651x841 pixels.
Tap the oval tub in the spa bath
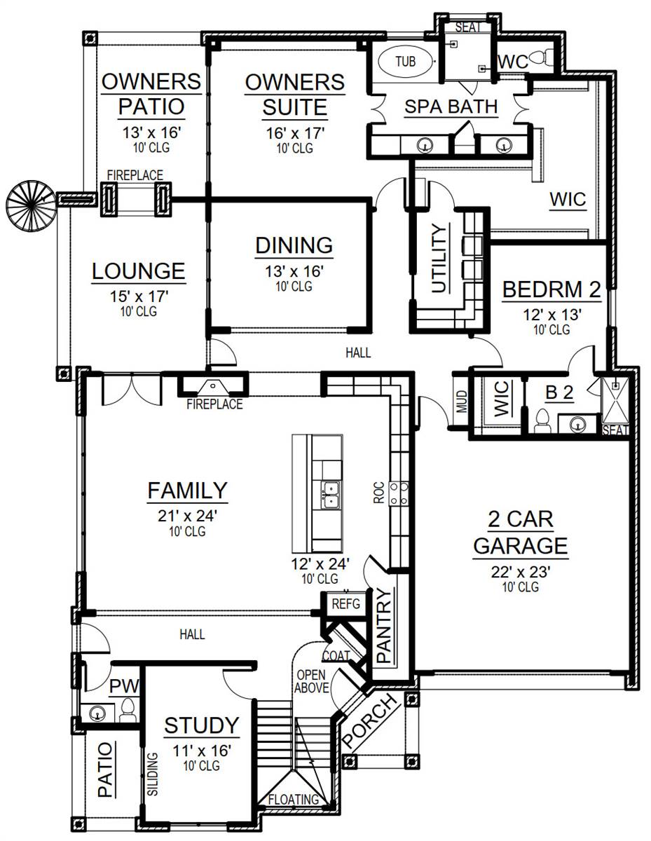coord(405,62)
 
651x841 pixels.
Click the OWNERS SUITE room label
coord(295,95)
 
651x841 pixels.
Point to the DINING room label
coord(294,245)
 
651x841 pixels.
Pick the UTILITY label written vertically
coord(439,258)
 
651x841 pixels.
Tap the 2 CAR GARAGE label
coord(520,532)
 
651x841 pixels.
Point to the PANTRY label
coord(383,626)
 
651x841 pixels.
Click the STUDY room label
coord(202,725)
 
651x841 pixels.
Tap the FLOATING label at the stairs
coord(294,799)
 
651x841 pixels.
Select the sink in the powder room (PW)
coord(97,713)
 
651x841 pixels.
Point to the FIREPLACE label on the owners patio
coord(135,175)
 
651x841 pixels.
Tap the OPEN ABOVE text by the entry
coord(312,681)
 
